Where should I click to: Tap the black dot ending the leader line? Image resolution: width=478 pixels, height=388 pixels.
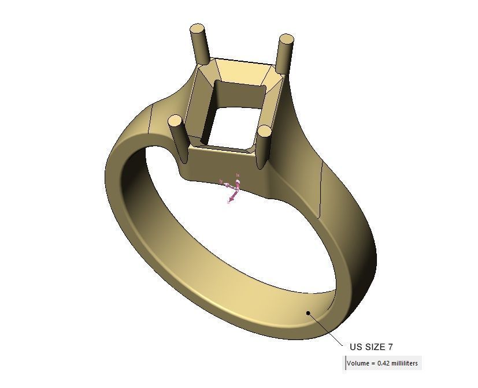click(309, 314)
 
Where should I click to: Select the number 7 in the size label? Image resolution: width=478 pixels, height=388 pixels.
click(391, 347)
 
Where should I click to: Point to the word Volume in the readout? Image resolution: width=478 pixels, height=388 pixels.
click(358, 363)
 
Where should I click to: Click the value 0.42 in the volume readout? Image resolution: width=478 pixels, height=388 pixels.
click(384, 363)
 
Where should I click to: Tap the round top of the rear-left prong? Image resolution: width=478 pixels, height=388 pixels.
click(198, 28)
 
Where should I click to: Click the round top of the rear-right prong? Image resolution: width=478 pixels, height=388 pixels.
click(286, 40)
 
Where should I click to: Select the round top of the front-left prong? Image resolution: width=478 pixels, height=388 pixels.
click(175, 121)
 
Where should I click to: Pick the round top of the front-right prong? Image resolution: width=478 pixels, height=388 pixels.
click(264, 132)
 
